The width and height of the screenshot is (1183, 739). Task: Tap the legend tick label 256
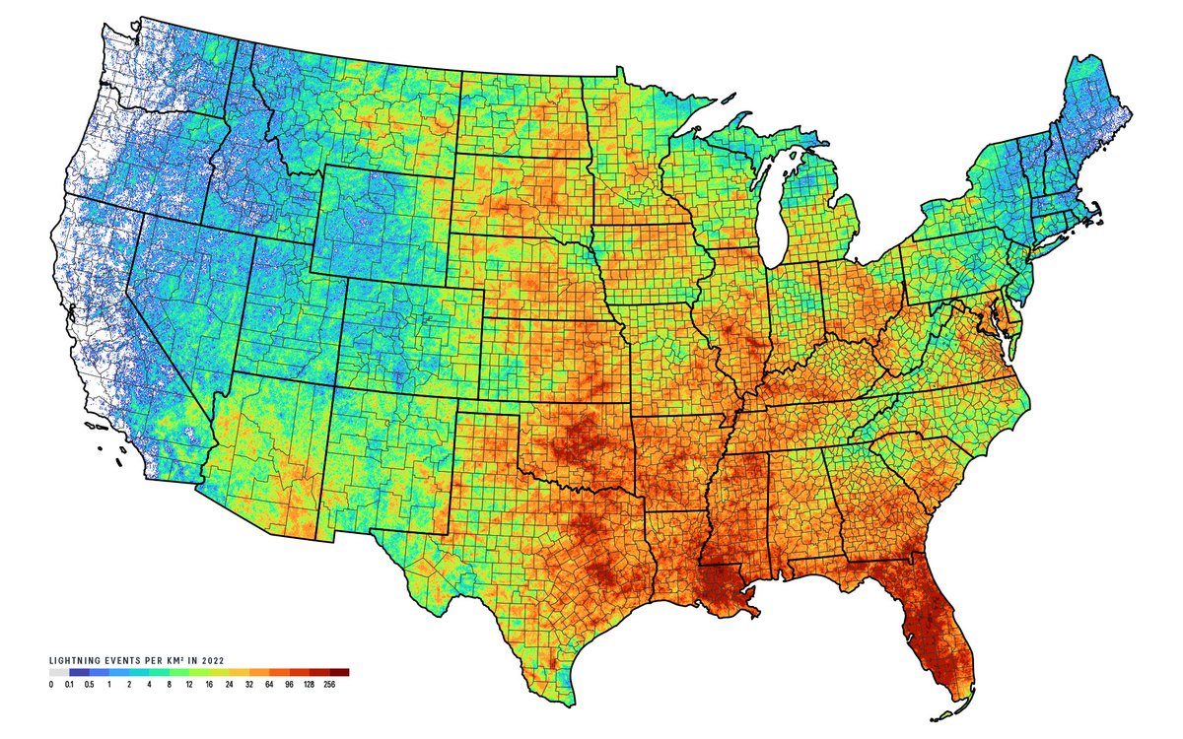click(329, 684)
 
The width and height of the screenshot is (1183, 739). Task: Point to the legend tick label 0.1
click(69, 684)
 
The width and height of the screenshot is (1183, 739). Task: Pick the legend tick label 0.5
click(89, 684)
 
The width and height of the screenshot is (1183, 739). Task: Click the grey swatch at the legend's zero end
click(58, 672)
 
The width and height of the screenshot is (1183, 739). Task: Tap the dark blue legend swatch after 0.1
click(78, 672)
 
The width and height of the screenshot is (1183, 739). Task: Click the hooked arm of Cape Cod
click(1096, 211)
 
